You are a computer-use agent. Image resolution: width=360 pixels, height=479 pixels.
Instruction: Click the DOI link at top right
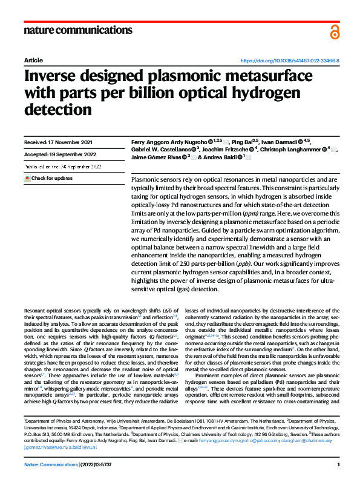pyautogui.click(x=290, y=61)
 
